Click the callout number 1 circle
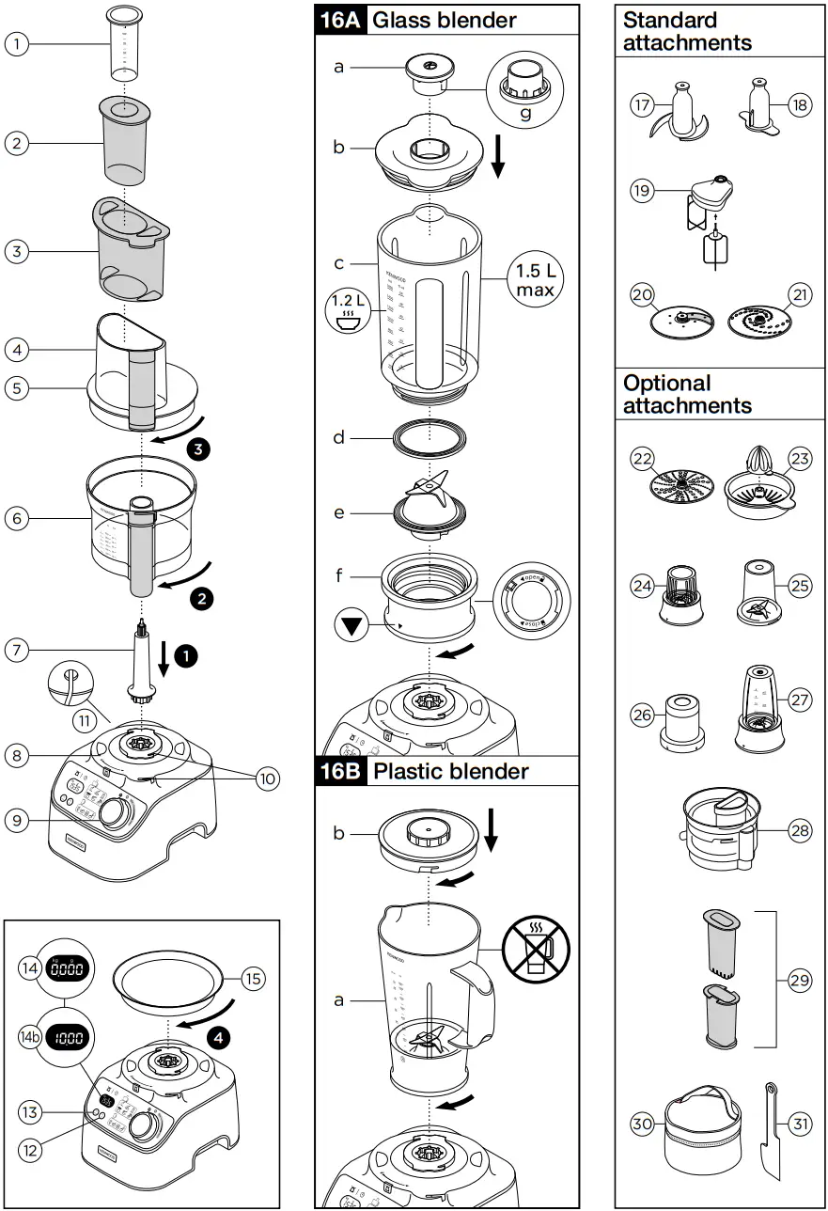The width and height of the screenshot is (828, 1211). point(17,42)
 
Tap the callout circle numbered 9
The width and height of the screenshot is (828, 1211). point(17,820)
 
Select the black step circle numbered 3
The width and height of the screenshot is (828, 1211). point(198,448)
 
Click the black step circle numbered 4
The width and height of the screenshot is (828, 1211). point(218,1038)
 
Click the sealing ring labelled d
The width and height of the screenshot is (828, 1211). point(430,438)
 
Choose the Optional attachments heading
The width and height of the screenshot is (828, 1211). point(688,395)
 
